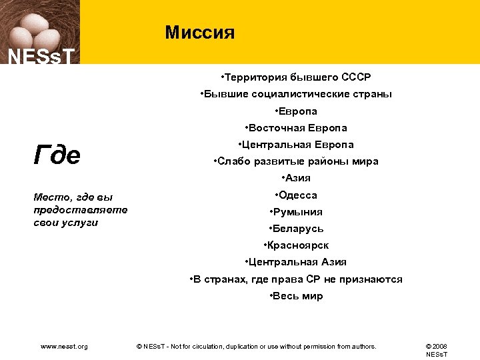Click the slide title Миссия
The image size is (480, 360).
(200, 33)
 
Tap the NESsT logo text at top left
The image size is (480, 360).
(41, 57)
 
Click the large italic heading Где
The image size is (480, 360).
(57, 155)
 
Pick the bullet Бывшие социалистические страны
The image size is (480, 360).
(296, 94)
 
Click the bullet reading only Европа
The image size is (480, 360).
(296, 111)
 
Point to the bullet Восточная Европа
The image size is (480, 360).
(296, 127)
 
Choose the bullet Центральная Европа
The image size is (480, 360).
(296, 144)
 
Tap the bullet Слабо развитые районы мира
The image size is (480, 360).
(296, 161)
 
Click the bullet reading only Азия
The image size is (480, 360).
(296, 178)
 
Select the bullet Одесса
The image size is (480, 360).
(296, 195)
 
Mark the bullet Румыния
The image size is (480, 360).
(296, 212)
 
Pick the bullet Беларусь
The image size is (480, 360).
(296, 229)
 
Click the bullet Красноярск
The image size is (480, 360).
(296, 245)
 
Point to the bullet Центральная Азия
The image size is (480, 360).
(296, 262)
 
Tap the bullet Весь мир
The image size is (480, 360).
(296, 296)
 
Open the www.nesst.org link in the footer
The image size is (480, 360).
(64, 346)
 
